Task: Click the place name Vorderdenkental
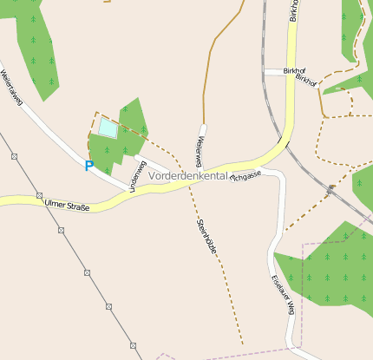[x=187, y=175]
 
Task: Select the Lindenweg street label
[x=136, y=175]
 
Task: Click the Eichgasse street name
[x=245, y=174]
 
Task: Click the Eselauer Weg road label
[x=285, y=295]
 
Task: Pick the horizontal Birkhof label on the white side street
[x=276, y=71]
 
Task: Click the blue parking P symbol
[x=88, y=165]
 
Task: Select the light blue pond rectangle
[x=108, y=129]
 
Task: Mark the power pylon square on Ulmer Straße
[x=39, y=195]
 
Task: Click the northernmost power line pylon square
[x=14, y=156]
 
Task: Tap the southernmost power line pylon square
[x=134, y=344]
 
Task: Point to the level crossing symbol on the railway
[x=330, y=187]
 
